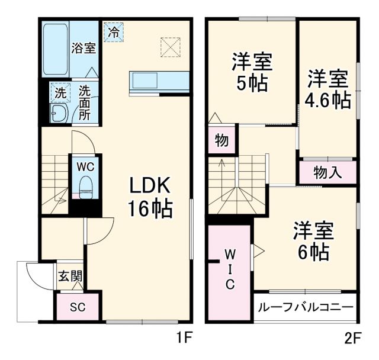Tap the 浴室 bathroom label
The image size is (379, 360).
83,48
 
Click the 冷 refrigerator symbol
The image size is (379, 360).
113,31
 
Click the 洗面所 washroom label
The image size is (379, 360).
85,103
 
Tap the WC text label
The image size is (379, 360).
86,166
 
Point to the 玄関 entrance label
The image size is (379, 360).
70,275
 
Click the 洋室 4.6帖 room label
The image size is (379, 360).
327,89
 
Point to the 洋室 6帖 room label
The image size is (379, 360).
313,242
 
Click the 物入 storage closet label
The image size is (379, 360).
327,172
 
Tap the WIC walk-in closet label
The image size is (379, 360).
230,269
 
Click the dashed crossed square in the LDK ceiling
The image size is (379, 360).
170,46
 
